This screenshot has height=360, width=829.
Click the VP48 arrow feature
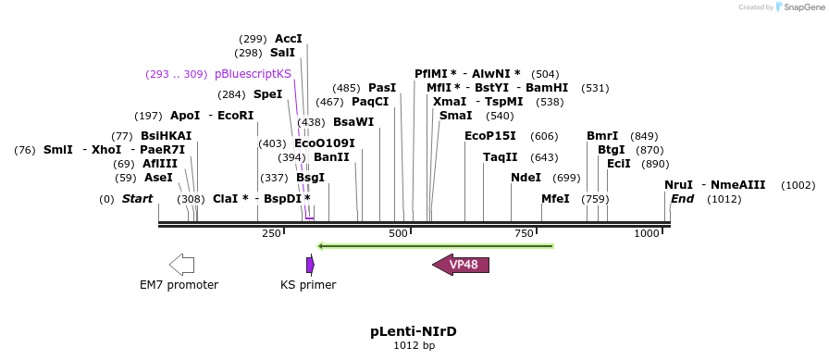click(461, 265)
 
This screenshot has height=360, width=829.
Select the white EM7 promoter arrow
click(181, 265)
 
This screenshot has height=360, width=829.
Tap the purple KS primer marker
click(310, 265)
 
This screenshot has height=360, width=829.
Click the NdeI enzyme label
click(526, 178)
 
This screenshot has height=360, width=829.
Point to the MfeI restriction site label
click(556, 199)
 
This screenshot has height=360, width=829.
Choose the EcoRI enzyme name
click(236, 116)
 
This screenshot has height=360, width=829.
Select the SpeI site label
click(268, 94)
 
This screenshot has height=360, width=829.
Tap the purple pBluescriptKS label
click(253, 74)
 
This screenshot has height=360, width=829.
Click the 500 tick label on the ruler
click(398, 233)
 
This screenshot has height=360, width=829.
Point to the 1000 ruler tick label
click(646, 233)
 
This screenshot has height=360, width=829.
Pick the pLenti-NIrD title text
click(414, 332)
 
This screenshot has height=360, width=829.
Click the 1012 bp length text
click(414, 346)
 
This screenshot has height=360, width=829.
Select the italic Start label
click(138, 199)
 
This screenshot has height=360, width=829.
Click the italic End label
click(682, 199)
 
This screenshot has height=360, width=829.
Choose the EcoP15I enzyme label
click(490, 136)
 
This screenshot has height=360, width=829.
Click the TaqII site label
click(501, 157)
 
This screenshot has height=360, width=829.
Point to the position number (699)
click(566, 179)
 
